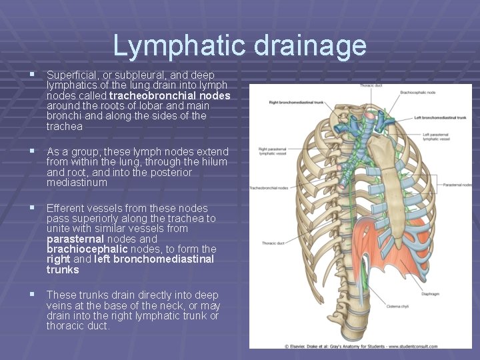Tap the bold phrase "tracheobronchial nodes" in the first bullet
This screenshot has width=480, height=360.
point(169,95)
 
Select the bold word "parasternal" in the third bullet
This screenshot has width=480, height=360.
point(75,239)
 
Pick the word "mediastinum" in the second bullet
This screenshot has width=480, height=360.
point(77,182)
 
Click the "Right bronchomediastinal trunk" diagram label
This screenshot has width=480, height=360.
point(296,103)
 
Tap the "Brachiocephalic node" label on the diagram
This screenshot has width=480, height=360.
point(417,92)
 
